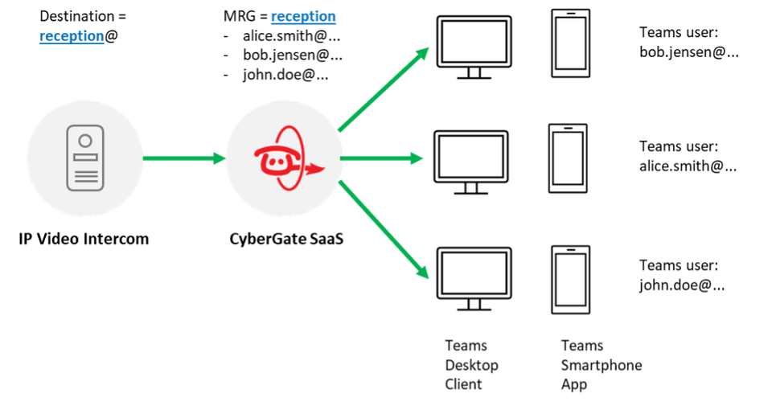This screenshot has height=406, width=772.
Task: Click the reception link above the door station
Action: (72, 36)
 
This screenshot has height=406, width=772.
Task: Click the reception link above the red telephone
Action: (303, 17)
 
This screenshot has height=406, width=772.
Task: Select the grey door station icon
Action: (85, 158)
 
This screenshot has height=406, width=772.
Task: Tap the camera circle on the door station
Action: (85, 140)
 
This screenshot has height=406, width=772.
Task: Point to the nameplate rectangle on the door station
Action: (85, 158)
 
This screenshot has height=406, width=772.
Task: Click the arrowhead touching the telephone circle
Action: (218, 158)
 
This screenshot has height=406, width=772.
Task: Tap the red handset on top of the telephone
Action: (277, 150)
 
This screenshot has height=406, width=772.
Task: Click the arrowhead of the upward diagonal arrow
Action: (424, 53)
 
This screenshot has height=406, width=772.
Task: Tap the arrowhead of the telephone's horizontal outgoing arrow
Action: (417, 158)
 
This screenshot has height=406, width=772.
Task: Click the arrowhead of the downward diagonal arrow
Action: (424, 273)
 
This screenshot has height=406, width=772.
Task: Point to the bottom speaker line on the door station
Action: (85, 182)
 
